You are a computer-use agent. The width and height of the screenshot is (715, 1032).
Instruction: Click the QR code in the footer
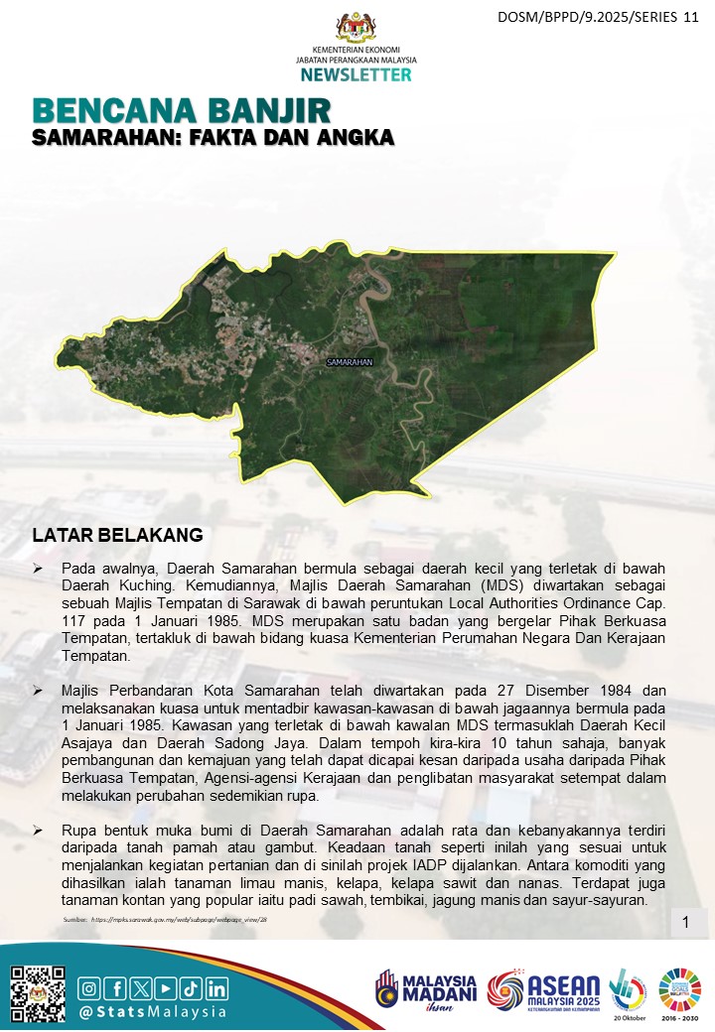[38, 991]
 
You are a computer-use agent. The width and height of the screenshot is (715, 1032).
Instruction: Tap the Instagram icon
[89, 988]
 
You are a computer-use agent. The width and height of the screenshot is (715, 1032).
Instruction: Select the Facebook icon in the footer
[114, 988]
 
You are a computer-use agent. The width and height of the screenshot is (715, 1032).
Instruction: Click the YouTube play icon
[165, 988]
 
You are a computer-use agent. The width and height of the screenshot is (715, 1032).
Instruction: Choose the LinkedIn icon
[216, 988]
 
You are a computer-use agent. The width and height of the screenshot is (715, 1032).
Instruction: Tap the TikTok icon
[191, 988]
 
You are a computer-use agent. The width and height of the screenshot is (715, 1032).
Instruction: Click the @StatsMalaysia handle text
[153, 1013]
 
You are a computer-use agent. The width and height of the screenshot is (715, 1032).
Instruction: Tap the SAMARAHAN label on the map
[350, 362]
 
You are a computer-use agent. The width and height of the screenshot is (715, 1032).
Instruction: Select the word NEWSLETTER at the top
[357, 74]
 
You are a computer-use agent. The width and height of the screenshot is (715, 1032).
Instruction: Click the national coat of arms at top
[357, 26]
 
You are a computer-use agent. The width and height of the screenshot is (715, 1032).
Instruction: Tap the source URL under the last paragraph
[165, 920]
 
